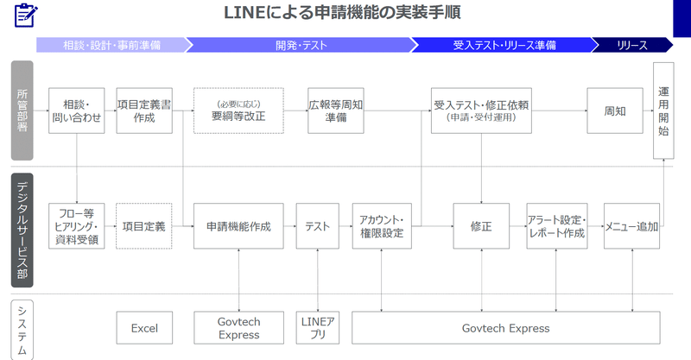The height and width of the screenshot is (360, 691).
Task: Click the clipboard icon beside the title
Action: point(26,16)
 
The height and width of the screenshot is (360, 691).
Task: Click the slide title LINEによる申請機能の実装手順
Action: point(342,12)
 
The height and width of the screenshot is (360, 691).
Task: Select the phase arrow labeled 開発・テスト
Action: point(301,45)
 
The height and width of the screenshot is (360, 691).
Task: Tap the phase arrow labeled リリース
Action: point(632,45)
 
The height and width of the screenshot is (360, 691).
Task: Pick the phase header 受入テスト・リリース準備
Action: point(504,45)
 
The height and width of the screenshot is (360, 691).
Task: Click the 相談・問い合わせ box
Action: point(77,111)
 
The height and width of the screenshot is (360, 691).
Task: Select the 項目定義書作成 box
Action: point(144,111)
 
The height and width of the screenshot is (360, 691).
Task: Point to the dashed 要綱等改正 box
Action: point(238,111)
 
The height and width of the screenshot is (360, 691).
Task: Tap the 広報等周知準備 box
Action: point(336,111)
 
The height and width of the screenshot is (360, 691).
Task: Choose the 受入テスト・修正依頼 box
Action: point(481,111)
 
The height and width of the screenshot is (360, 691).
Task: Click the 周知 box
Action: point(615,111)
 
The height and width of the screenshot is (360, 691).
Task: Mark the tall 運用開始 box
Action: point(663,111)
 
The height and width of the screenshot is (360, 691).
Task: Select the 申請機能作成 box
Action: point(238,226)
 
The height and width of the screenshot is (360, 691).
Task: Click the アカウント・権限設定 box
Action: point(382,226)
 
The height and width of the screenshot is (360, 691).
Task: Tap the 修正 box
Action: point(481,226)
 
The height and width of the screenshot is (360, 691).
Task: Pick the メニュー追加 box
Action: point(631,226)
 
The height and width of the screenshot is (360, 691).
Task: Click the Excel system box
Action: point(144,328)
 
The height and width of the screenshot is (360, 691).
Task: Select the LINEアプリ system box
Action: point(318,328)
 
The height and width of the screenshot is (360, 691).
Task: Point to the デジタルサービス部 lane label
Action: point(22,230)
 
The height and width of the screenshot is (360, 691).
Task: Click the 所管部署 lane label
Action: point(22,111)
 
